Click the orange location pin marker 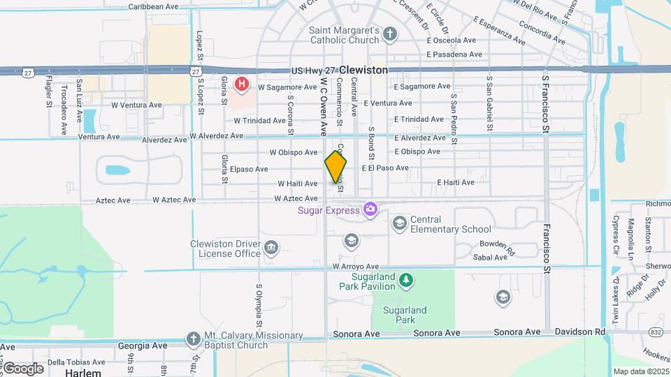pos(335,167)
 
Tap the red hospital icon pos(242,84)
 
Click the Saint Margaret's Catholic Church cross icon pos(389,34)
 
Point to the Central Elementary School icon pos(400,223)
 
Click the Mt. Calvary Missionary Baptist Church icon pos(194,339)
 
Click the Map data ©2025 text pos(640,371)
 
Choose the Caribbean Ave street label pos(154,6)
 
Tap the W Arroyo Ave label pos(355,267)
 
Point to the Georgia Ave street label pos(143,346)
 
